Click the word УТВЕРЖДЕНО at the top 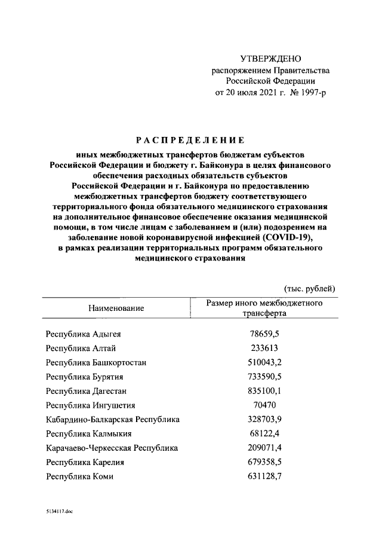(270, 59)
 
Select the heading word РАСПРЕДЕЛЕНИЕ (190, 141)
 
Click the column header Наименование (116, 308)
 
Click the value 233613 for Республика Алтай (264, 348)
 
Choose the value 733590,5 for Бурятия (264, 377)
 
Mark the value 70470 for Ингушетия (264, 405)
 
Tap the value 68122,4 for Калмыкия (264, 433)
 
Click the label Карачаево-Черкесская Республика (112, 448)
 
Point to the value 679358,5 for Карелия (264, 462)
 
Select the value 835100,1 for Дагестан (264, 391)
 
